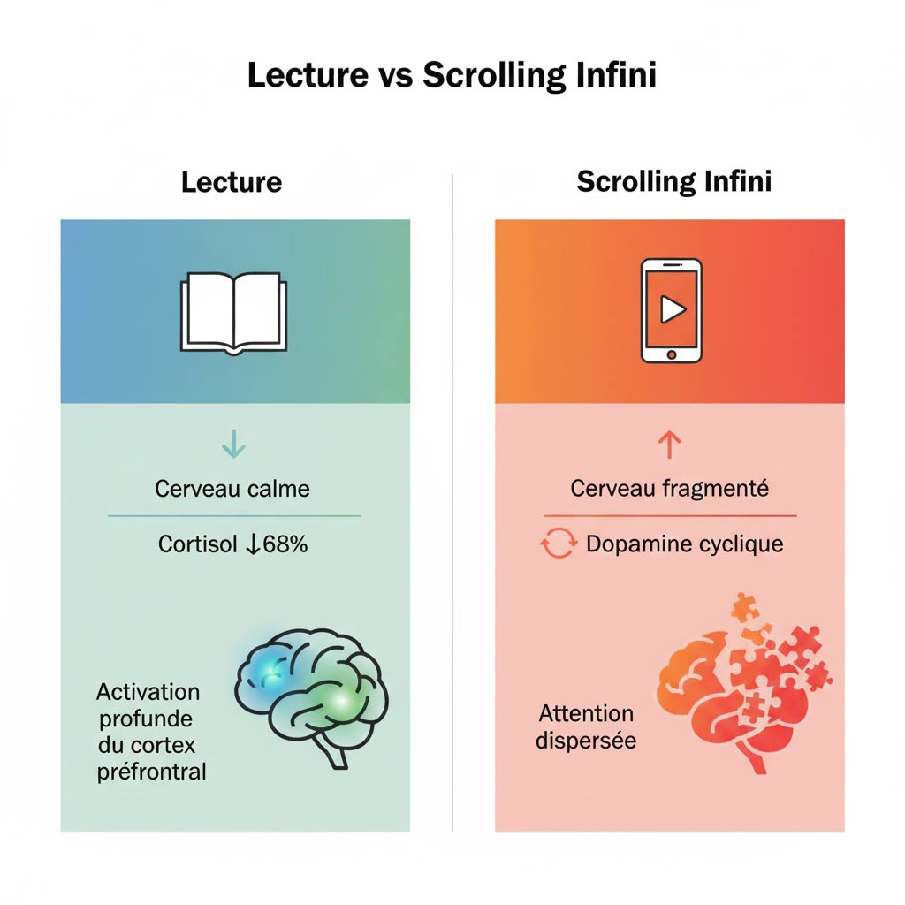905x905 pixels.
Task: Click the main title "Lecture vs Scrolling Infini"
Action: click(x=452, y=75)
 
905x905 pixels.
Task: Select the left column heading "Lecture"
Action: click(x=232, y=182)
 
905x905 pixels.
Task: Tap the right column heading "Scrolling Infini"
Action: click(x=674, y=182)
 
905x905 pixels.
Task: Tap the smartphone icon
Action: click(x=671, y=311)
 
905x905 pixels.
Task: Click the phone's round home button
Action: click(x=671, y=354)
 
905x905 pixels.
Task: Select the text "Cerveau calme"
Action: click(x=232, y=489)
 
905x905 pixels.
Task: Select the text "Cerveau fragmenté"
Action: click(x=670, y=489)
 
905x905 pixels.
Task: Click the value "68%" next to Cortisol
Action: click(x=285, y=544)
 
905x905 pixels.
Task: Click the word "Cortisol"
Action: click(x=198, y=544)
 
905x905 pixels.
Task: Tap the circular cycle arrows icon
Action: click(x=559, y=544)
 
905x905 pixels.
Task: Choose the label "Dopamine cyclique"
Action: click(x=685, y=544)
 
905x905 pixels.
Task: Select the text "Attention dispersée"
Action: click(x=586, y=726)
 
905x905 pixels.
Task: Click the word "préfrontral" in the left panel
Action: click(x=151, y=771)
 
